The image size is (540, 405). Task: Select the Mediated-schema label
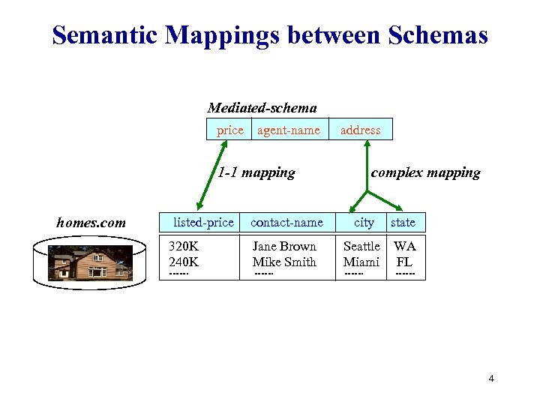click(x=262, y=108)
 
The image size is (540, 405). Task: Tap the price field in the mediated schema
click(x=229, y=130)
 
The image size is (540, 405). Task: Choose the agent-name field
click(x=289, y=130)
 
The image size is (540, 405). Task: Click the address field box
click(x=361, y=130)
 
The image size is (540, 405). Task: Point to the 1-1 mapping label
click(x=256, y=172)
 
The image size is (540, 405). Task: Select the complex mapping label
click(x=425, y=172)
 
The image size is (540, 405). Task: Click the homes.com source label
click(x=91, y=222)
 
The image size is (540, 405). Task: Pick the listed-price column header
click(x=203, y=222)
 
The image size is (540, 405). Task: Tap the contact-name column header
click(x=286, y=222)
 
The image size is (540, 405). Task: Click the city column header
click(x=364, y=222)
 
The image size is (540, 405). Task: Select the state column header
click(x=403, y=222)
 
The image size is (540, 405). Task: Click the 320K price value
click(x=184, y=246)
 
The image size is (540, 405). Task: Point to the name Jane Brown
click(x=284, y=246)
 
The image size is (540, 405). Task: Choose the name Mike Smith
click(x=284, y=262)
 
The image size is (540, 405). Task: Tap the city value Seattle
click(x=361, y=246)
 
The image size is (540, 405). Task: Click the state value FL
click(x=404, y=262)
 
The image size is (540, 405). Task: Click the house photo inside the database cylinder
click(x=90, y=262)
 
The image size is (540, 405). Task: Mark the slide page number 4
click(x=491, y=379)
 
